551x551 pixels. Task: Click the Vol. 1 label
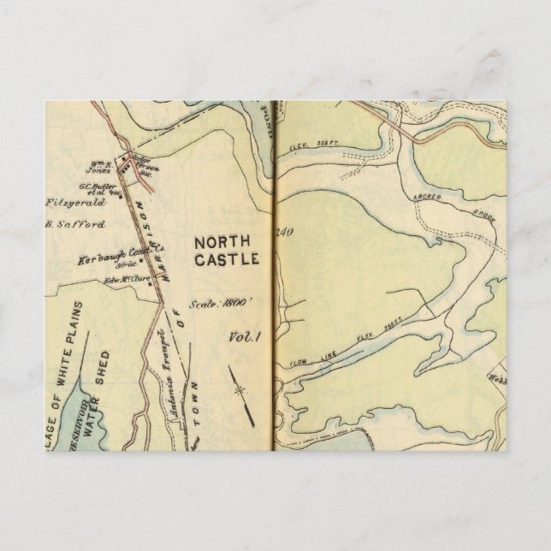(x=243, y=337)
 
